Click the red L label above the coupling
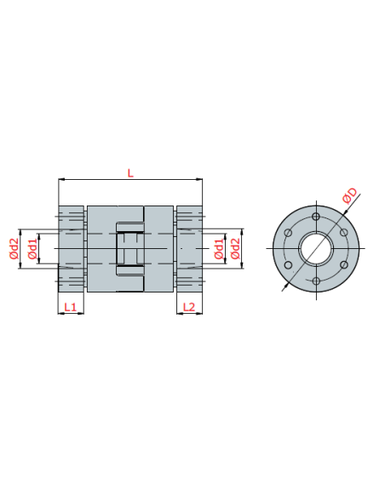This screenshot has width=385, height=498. tap(130, 173)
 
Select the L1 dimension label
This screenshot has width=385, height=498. tap(71, 307)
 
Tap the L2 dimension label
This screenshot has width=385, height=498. tap(189, 307)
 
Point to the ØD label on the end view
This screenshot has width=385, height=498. tap(350, 195)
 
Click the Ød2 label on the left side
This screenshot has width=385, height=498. tap(14, 249)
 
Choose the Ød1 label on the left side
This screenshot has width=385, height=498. tap(32, 249)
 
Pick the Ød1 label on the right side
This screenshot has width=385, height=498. tap(219, 249)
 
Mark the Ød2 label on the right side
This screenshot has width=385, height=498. tap(235, 249)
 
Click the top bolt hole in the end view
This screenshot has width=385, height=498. tap(316, 217)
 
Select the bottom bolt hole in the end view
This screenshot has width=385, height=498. tap(316, 281)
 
